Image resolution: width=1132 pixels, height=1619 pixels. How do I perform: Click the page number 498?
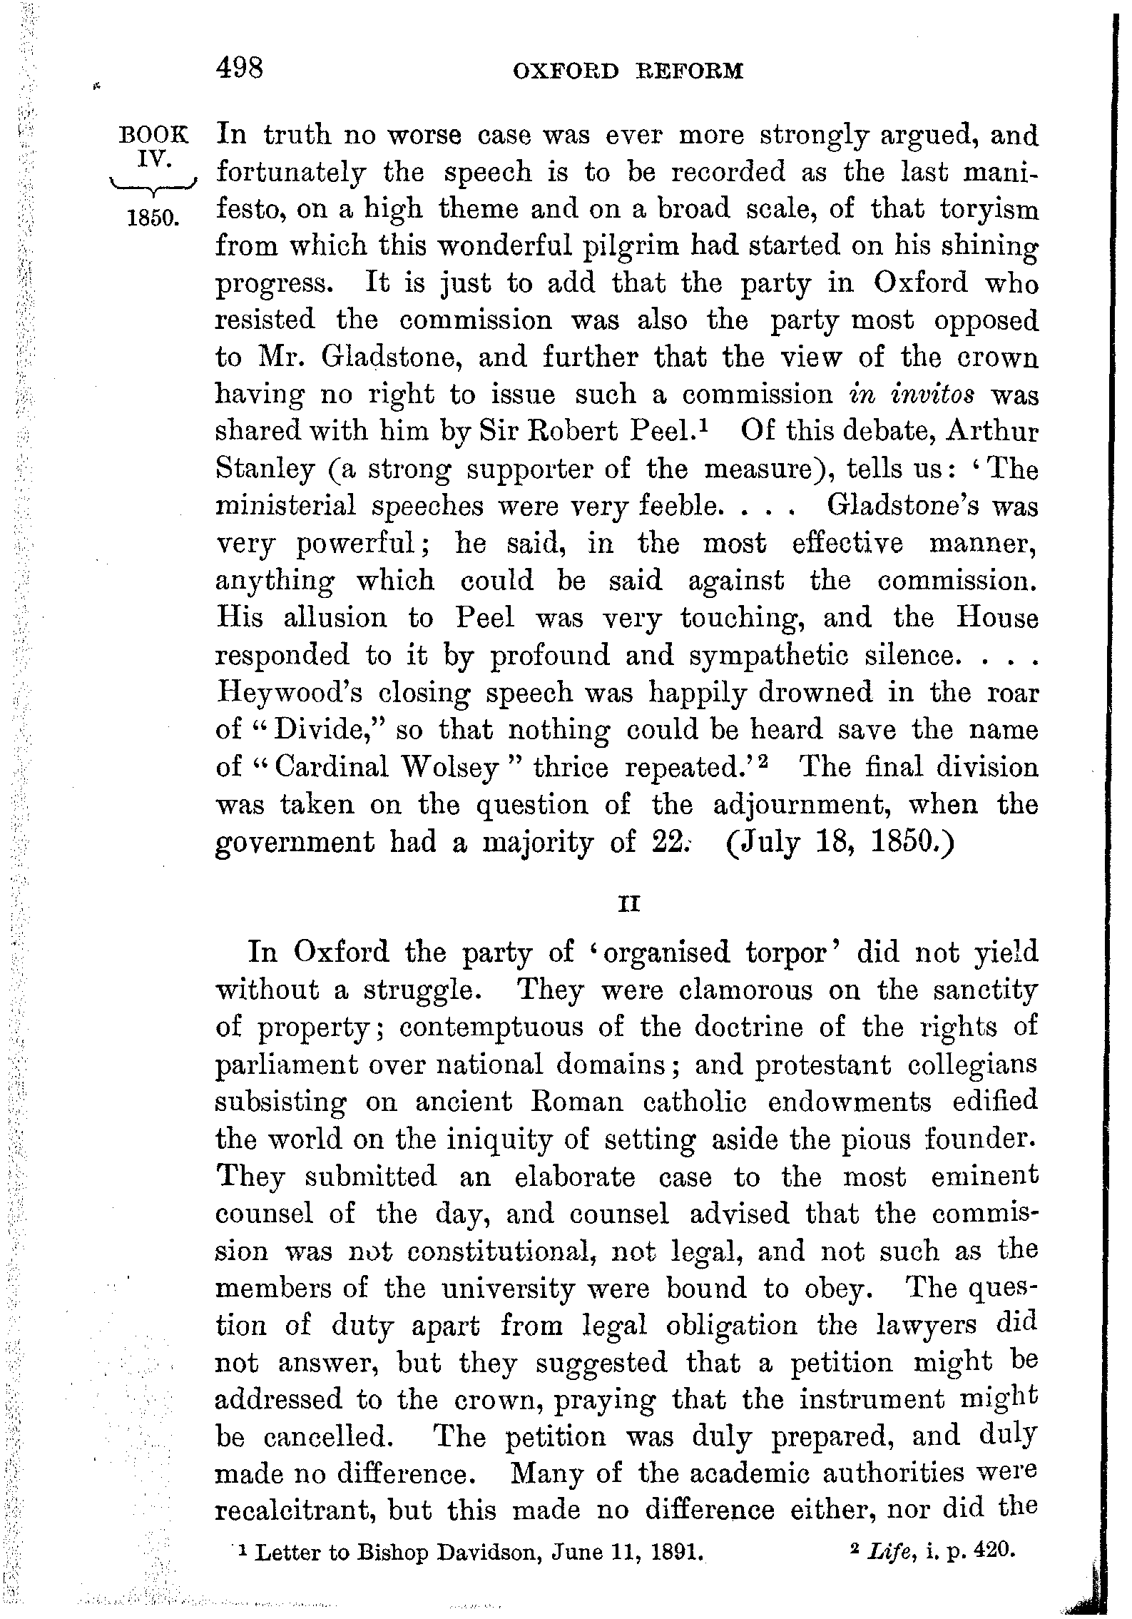240,69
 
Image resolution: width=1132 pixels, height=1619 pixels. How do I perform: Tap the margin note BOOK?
155,135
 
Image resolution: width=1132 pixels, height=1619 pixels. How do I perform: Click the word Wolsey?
450,767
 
